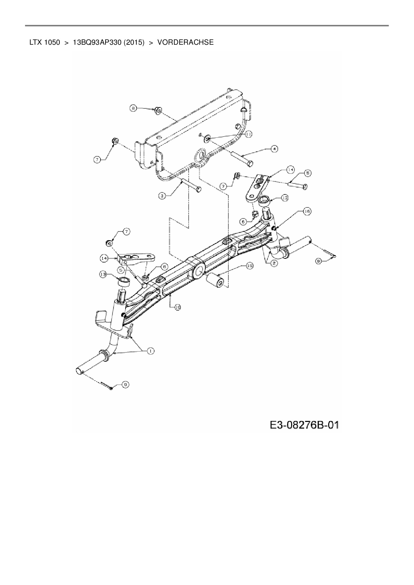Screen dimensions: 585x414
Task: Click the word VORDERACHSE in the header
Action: [185, 42]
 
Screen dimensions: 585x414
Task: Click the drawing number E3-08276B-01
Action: [304, 425]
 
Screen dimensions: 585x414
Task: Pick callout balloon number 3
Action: [162, 196]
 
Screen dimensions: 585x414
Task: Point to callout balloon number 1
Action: [150, 351]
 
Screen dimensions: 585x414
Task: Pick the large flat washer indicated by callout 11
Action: [207, 137]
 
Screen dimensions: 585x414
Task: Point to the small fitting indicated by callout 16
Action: [274, 228]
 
